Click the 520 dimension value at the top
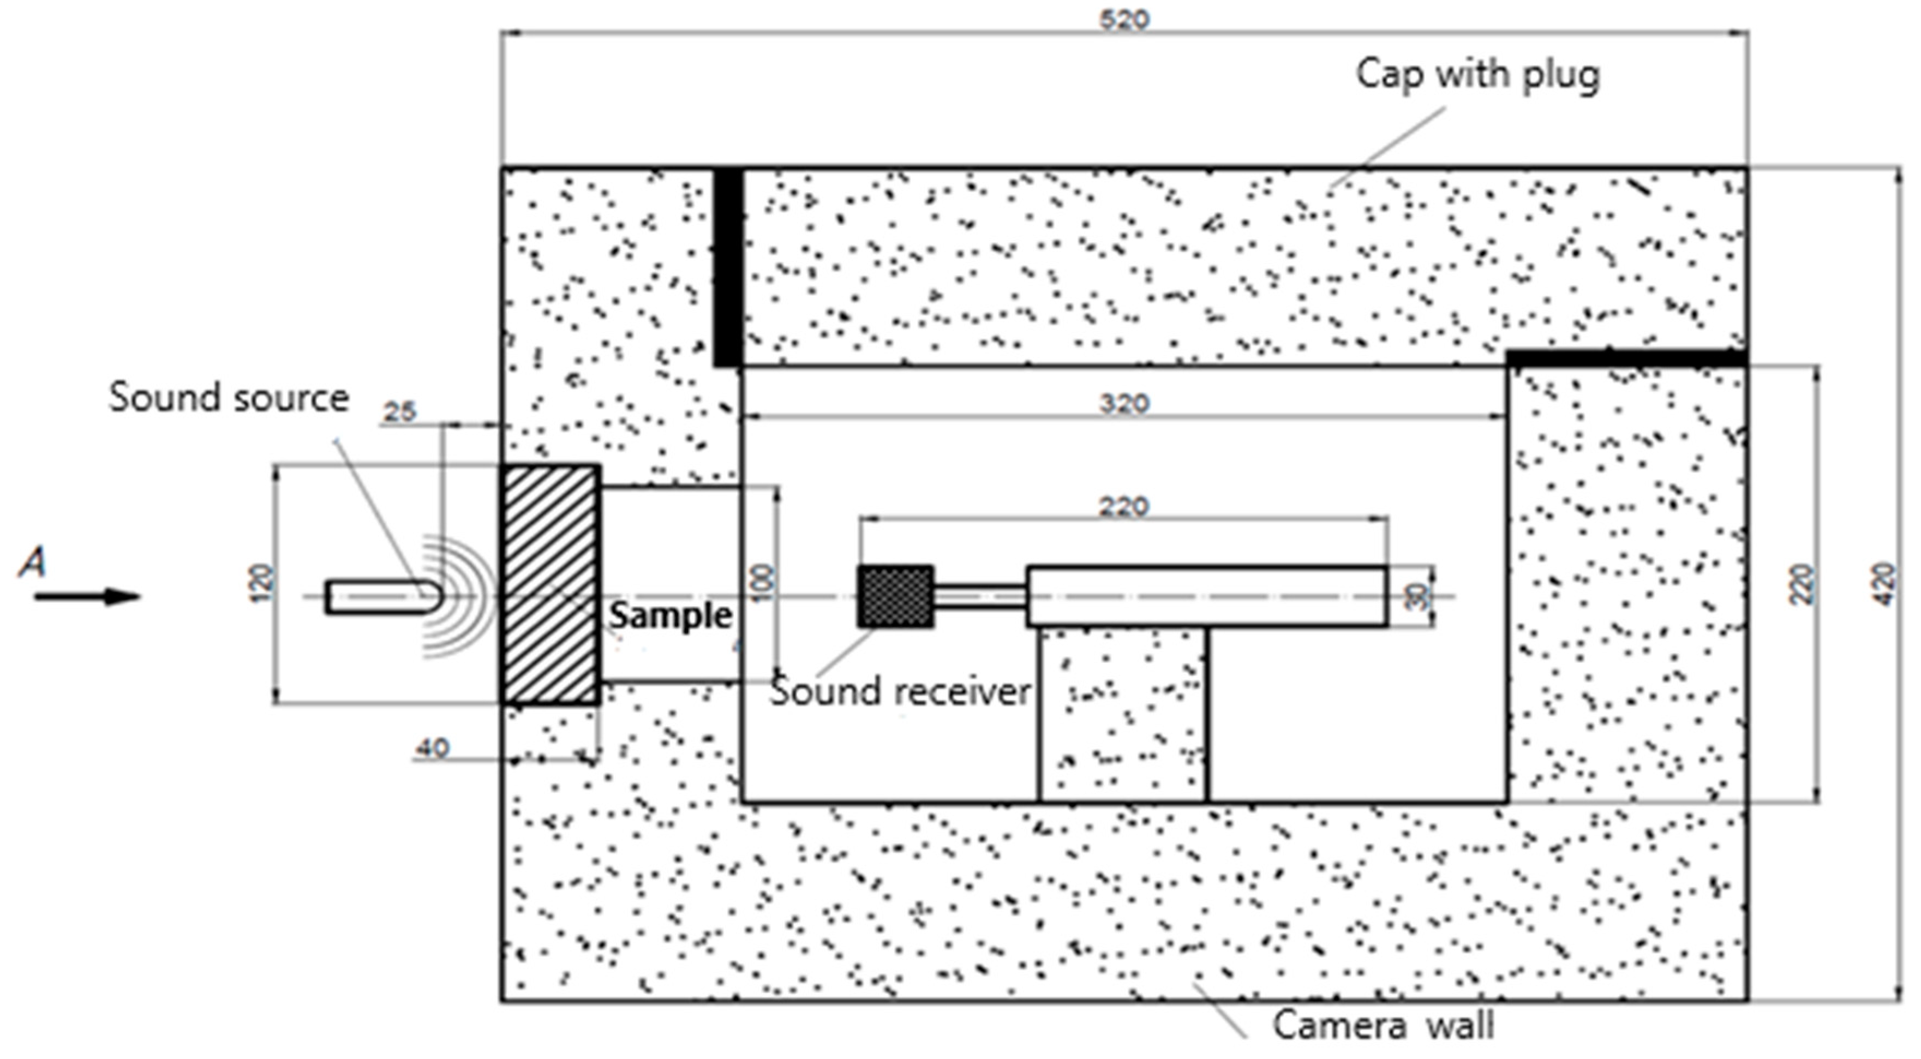[1124, 20]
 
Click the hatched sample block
[551, 585]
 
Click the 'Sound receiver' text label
[900, 691]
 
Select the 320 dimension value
[1124, 404]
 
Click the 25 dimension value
[399, 412]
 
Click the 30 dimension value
[1419, 597]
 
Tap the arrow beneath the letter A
[87, 597]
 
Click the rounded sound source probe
[384, 597]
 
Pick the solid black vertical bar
[728, 267]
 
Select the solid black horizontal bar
[1626, 358]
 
